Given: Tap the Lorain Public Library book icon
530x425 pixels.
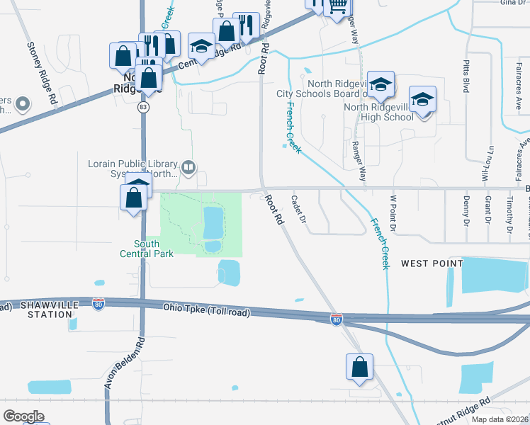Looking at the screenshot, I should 188,168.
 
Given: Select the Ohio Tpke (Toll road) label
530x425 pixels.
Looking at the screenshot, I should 202,308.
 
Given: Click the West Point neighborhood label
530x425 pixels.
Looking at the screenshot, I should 432,263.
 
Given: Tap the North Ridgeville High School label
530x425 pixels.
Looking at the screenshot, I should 378,112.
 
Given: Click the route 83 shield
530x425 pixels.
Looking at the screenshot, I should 144,106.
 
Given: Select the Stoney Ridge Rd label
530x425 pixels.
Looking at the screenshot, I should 42,73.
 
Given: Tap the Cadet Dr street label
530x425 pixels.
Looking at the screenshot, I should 298,210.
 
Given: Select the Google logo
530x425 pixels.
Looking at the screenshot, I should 23,416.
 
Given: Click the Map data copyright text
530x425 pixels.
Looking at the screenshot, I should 500,419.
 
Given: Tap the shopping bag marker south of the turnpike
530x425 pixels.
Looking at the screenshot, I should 359,367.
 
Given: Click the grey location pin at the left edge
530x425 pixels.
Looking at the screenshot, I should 22,105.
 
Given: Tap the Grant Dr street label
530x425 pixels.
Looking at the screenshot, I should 488,210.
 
